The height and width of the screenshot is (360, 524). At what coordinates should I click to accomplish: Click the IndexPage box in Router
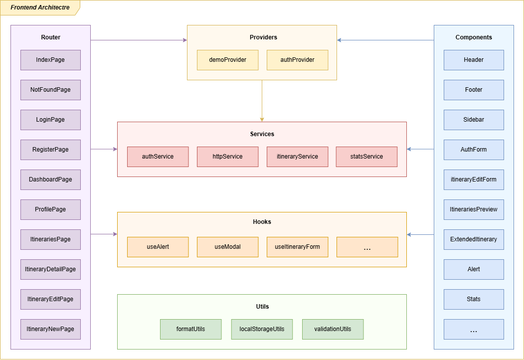50,60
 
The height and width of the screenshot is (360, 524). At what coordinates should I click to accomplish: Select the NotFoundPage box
50,90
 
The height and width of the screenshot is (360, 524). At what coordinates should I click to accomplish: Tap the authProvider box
297,60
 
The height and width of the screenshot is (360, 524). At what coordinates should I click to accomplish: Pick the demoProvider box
227,60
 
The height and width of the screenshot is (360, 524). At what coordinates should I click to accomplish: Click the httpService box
227,157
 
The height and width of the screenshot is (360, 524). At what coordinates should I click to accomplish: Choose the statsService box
366,157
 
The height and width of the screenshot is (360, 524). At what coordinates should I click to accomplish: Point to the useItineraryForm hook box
297,247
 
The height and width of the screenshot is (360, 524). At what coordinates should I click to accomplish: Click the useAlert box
158,247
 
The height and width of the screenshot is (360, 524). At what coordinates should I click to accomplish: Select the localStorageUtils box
262,329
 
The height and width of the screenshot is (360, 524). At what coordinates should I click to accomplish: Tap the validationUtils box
333,329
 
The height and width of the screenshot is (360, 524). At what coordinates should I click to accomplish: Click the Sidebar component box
474,120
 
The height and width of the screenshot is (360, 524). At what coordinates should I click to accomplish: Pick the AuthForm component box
474,150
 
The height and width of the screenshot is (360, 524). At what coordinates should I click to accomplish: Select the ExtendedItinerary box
474,239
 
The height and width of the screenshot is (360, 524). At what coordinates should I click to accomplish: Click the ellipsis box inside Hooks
367,247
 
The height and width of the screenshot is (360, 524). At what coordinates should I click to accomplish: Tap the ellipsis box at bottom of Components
474,330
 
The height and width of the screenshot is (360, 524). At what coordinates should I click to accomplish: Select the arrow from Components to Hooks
420,234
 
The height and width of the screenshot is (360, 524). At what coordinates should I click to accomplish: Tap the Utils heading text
262,307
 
